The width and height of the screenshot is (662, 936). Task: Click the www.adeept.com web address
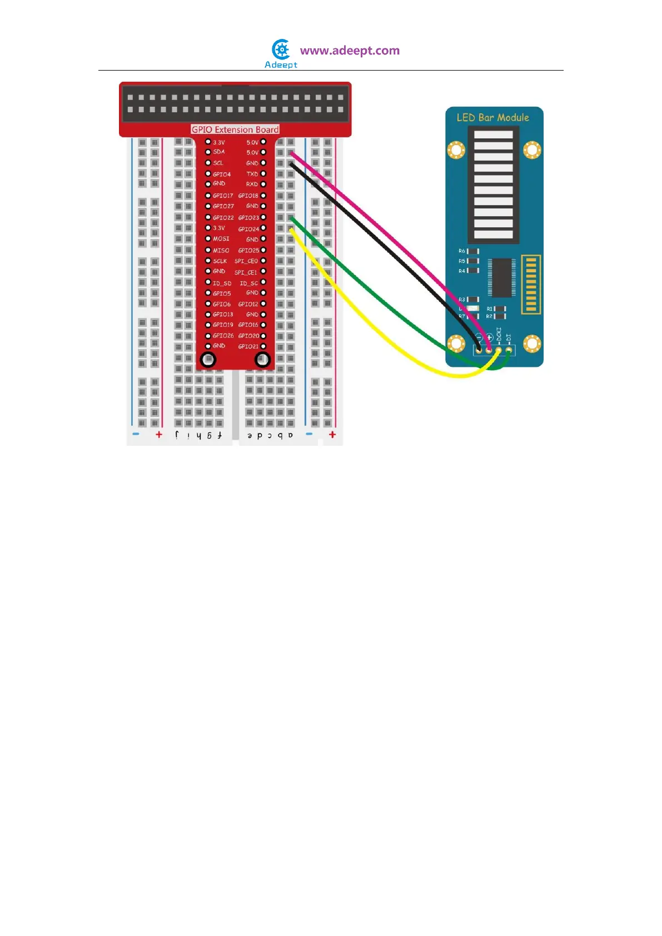[x=350, y=51]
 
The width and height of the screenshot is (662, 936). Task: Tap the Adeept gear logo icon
[x=281, y=50]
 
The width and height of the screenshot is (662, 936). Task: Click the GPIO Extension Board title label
[x=235, y=130]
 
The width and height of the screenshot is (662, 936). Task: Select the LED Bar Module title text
[x=492, y=117]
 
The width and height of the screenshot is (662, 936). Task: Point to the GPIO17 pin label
[x=223, y=196]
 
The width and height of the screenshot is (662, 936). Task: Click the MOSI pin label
[x=221, y=239]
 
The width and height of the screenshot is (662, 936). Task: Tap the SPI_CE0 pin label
[x=246, y=261]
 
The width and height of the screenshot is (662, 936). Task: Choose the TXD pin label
[x=252, y=174]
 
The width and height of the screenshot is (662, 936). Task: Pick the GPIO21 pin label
[x=248, y=347]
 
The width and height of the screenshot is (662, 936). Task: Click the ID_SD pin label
[x=222, y=283]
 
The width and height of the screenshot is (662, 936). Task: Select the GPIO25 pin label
[x=248, y=251]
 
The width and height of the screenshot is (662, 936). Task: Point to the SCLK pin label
[x=220, y=261]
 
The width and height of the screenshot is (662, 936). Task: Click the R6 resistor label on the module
[x=462, y=251]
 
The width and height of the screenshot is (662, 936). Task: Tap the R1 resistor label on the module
[x=490, y=308]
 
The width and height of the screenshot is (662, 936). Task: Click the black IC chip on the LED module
[x=501, y=277]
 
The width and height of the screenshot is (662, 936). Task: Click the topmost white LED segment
[x=494, y=135]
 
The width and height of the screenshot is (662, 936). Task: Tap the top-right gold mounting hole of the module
[x=532, y=150]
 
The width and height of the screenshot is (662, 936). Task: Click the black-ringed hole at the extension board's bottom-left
[x=208, y=360]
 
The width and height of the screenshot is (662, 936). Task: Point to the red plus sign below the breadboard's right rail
[x=332, y=435]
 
